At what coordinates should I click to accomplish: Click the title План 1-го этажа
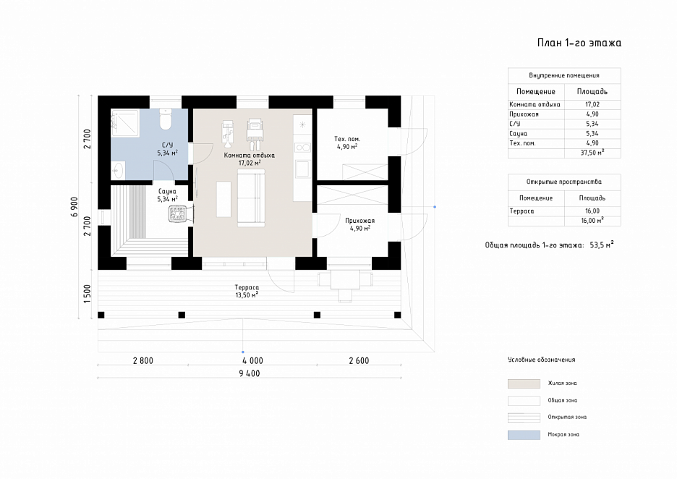[x=579, y=43]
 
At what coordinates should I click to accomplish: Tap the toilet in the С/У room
[x=166, y=119]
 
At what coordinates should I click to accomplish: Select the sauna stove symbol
[x=178, y=213]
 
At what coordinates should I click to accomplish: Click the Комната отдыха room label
[x=249, y=155]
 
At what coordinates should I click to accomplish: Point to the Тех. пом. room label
[x=347, y=139]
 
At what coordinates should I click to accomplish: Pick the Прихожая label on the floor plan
[x=359, y=220]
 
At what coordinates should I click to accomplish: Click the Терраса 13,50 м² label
[x=247, y=291]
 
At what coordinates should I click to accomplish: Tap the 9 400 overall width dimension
[x=250, y=373]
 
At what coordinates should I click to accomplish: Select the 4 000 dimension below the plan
[x=252, y=360]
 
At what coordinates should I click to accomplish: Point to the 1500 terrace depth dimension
[x=88, y=294]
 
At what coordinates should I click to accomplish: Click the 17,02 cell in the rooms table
[x=592, y=104]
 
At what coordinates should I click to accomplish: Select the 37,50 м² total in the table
[x=592, y=153]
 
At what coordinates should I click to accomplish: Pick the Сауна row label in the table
[x=518, y=133]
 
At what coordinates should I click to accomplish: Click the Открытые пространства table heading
[x=564, y=182]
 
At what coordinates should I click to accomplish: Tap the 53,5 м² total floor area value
[x=602, y=245]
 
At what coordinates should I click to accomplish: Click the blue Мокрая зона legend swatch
[x=524, y=435]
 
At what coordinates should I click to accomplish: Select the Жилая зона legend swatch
[x=524, y=383]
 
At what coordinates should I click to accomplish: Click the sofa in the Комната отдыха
[x=251, y=198]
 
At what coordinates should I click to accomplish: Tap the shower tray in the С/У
[x=125, y=124]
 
